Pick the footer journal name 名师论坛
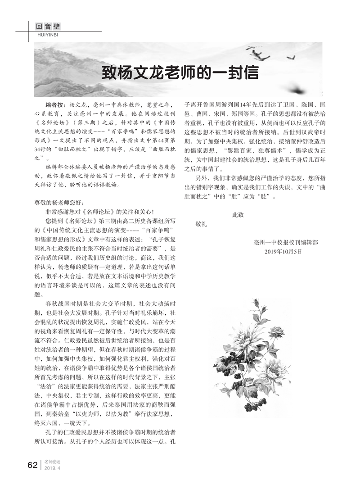53,462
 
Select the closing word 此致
238,215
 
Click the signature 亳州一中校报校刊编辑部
286,242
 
